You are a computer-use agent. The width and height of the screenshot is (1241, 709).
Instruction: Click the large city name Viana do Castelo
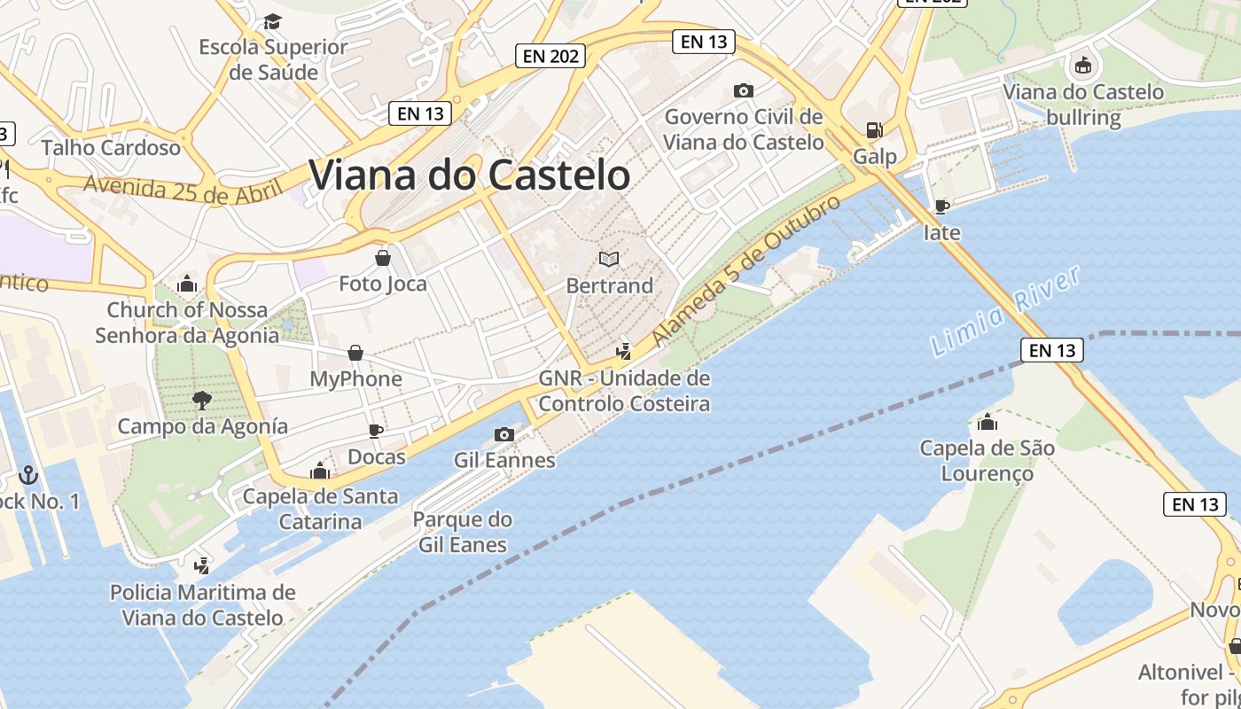[469, 175]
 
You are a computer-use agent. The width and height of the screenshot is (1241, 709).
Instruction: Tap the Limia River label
[1007, 311]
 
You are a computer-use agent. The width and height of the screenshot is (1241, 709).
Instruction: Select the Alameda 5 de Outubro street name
[745, 272]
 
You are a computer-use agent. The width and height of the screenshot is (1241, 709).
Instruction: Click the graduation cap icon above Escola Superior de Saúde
[272, 21]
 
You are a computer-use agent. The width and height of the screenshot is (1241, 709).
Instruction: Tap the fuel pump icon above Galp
[874, 130]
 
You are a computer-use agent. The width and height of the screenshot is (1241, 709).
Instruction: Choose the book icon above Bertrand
[608, 259]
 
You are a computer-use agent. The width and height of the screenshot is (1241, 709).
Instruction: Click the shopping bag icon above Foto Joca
[383, 258]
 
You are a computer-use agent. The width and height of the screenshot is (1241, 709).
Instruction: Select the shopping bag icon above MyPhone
[355, 353]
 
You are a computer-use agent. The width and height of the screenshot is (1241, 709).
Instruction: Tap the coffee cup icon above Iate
[941, 206]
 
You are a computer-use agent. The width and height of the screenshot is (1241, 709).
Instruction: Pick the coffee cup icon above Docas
[376, 431]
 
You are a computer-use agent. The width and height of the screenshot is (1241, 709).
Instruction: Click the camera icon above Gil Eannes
[504, 434]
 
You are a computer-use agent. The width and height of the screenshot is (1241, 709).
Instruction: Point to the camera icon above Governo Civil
[744, 90]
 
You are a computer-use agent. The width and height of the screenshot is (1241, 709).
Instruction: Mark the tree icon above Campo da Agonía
[202, 400]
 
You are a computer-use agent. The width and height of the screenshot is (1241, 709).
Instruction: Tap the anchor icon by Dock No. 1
[29, 475]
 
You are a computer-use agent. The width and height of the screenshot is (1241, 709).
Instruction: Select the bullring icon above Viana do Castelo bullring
[1082, 66]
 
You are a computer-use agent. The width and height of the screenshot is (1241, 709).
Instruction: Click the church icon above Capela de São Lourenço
[987, 422]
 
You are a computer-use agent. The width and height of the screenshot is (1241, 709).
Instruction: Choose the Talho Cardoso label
[111, 147]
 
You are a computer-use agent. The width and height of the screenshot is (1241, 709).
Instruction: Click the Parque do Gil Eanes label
[463, 532]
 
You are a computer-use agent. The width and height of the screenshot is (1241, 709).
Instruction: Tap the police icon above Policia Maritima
[202, 565]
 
